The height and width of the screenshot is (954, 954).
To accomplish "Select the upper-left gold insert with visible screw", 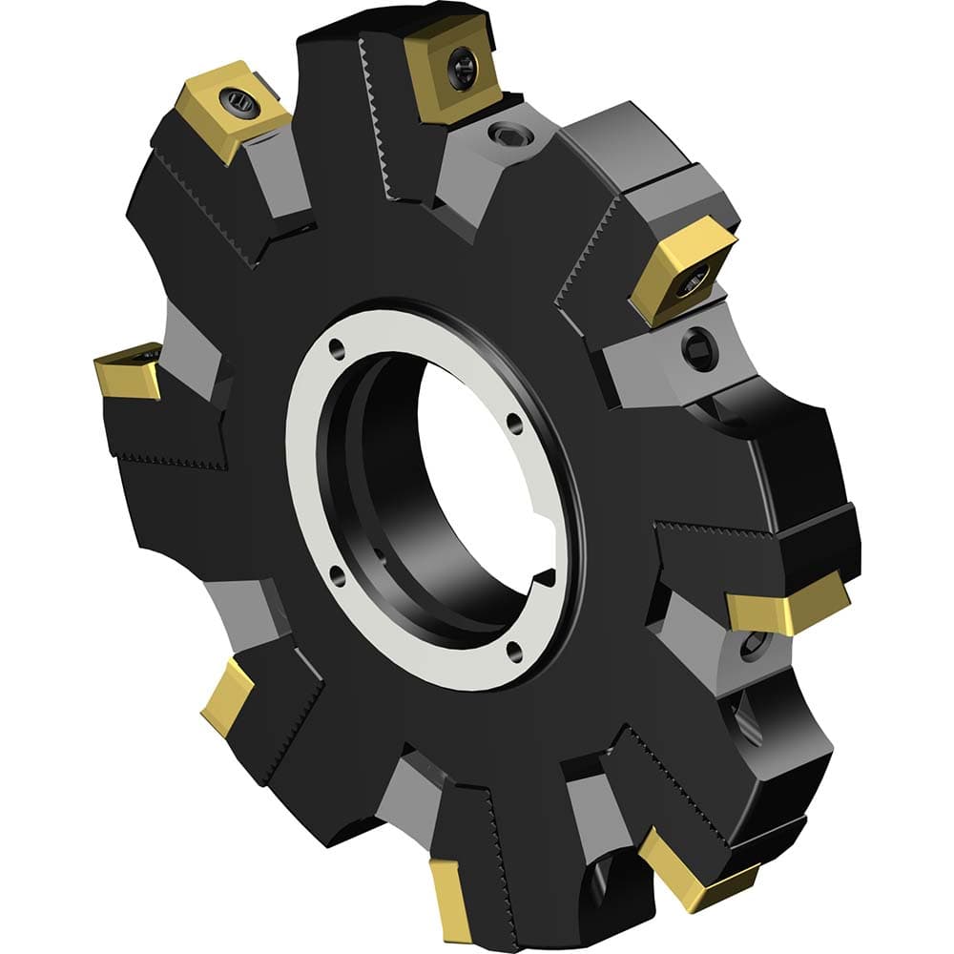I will (233, 108).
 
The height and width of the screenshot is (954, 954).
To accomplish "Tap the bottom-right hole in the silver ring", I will (513, 652).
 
